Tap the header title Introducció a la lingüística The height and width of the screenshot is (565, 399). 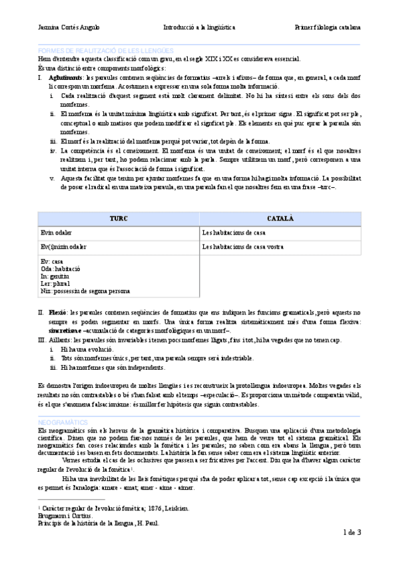[x=199, y=28]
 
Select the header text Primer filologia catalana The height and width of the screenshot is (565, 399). [x=328, y=28]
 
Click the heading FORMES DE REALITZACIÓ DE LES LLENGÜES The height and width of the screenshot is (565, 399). [x=107, y=51]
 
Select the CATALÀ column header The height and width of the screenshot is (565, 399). [x=280, y=219]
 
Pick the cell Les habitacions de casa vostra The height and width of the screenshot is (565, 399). [x=242, y=247]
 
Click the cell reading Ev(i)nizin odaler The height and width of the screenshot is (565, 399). [x=64, y=247]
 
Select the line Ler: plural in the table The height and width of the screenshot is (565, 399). [x=56, y=283]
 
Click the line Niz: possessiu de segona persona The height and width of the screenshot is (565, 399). [x=85, y=290]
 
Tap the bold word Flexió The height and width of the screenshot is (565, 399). [x=57, y=312]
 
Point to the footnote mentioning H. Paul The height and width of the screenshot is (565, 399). [x=98, y=523]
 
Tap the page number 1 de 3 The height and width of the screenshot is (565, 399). [x=352, y=532]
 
